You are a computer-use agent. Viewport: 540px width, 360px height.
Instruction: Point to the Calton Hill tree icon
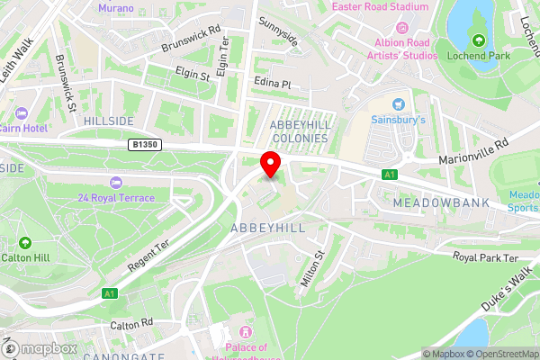pyautogui.click(x=25, y=242)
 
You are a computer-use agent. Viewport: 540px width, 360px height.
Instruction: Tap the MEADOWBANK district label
pyautogui.click(x=441, y=203)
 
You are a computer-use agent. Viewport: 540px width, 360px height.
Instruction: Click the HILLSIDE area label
pyautogui.click(x=109, y=120)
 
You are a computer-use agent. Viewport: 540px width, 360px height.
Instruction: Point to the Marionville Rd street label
pyautogui.click(x=473, y=150)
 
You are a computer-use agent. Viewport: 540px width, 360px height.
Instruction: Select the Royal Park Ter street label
pyautogui.click(x=487, y=257)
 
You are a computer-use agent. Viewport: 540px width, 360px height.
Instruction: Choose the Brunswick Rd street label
pyautogui.click(x=191, y=39)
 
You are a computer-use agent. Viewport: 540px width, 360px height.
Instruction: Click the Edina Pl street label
pyautogui.click(x=274, y=84)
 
